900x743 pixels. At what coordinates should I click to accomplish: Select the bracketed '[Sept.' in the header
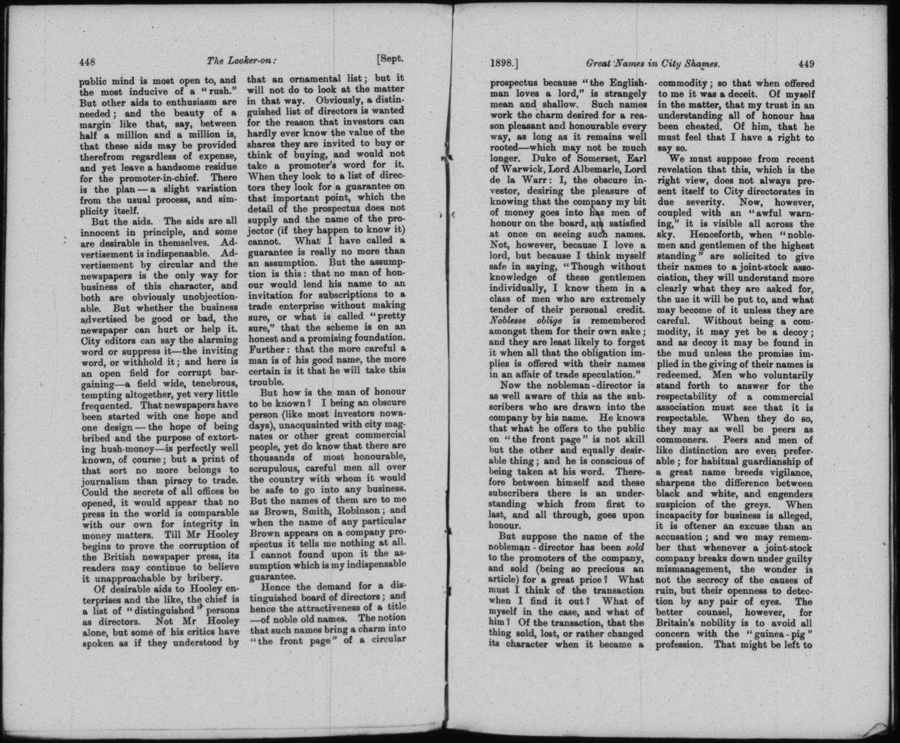click(x=389, y=61)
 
